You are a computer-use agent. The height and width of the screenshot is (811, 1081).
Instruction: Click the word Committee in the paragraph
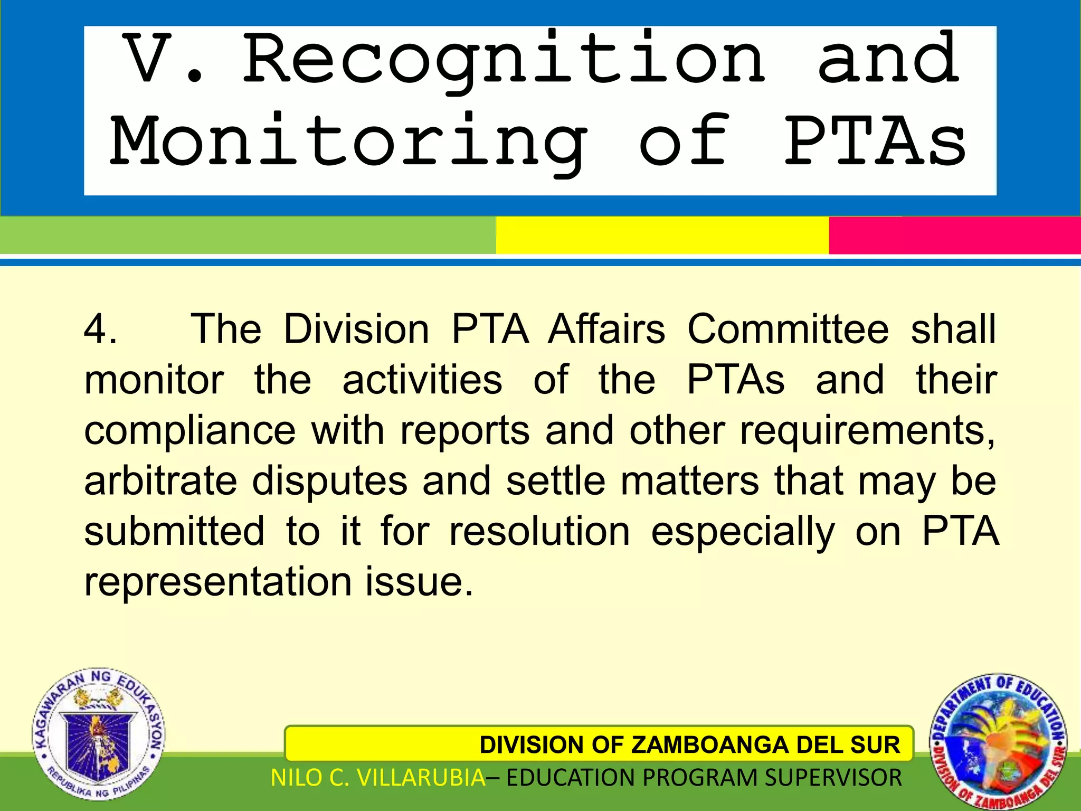click(788, 329)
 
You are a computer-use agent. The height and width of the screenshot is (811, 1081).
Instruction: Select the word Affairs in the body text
click(606, 329)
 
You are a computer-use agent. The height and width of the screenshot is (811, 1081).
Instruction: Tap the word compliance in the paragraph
click(189, 431)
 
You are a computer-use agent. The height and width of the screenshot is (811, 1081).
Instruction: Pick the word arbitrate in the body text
click(160, 482)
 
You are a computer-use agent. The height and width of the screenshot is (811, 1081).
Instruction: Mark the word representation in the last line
click(218, 582)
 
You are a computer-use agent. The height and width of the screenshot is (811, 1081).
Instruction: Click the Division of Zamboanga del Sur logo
click(998, 742)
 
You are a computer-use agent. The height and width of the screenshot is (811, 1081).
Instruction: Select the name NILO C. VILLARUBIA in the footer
click(378, 778)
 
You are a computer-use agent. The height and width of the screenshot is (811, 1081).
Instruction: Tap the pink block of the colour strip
click(954, 235)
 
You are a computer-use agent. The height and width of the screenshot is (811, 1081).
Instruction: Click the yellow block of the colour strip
click(662, 235)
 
